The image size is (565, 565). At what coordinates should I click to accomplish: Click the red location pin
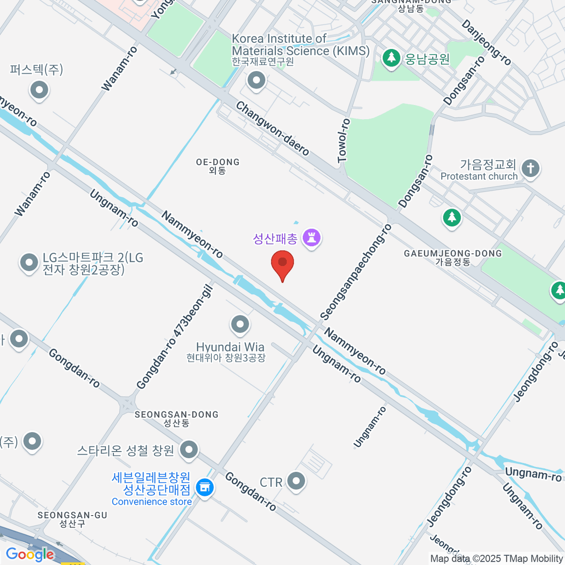(282, 264)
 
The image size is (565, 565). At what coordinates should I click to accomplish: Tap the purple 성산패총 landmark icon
(311, 237)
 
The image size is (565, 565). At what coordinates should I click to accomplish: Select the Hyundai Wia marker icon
(240, 324)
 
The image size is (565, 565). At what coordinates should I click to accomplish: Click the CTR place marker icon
(296, 481)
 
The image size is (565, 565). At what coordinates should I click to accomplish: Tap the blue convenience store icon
(205, 487)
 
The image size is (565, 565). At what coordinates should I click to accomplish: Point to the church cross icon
(531, 168)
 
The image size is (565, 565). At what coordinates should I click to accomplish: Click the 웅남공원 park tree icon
(391, 58)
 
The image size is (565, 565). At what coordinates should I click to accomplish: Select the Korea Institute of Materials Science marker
(257, 81)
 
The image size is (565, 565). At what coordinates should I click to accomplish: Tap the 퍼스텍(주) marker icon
(39, 89)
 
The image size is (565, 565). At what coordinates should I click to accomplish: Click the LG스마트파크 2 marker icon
(29, 263)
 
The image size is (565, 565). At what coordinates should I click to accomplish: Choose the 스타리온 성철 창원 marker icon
(189, 450)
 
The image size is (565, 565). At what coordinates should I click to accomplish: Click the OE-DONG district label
(218, 166)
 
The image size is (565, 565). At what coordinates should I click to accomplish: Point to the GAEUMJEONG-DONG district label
(453, 258)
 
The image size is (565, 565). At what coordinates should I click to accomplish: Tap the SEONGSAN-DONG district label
(177, 419)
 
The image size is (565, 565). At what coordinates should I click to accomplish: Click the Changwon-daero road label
(272, 129)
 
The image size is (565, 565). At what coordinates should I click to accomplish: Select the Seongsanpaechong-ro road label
(356, 272)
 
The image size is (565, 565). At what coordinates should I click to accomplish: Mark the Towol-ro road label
(344, 141)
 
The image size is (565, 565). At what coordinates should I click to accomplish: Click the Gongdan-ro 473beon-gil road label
(175, 338)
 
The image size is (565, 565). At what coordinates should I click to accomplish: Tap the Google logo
(30, 555)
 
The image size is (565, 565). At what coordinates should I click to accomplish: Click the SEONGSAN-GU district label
(73, 519)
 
